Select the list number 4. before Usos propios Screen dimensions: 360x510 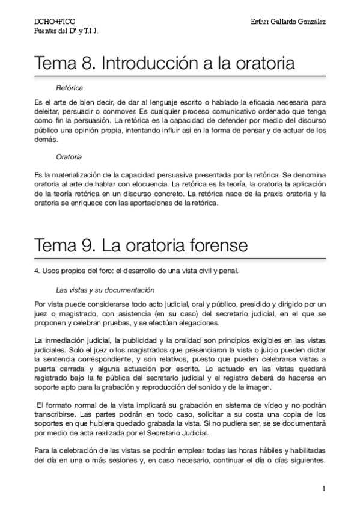point(37,270)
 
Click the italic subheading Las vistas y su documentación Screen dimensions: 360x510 point(97,289)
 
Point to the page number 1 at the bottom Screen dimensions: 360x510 point(323,489)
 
